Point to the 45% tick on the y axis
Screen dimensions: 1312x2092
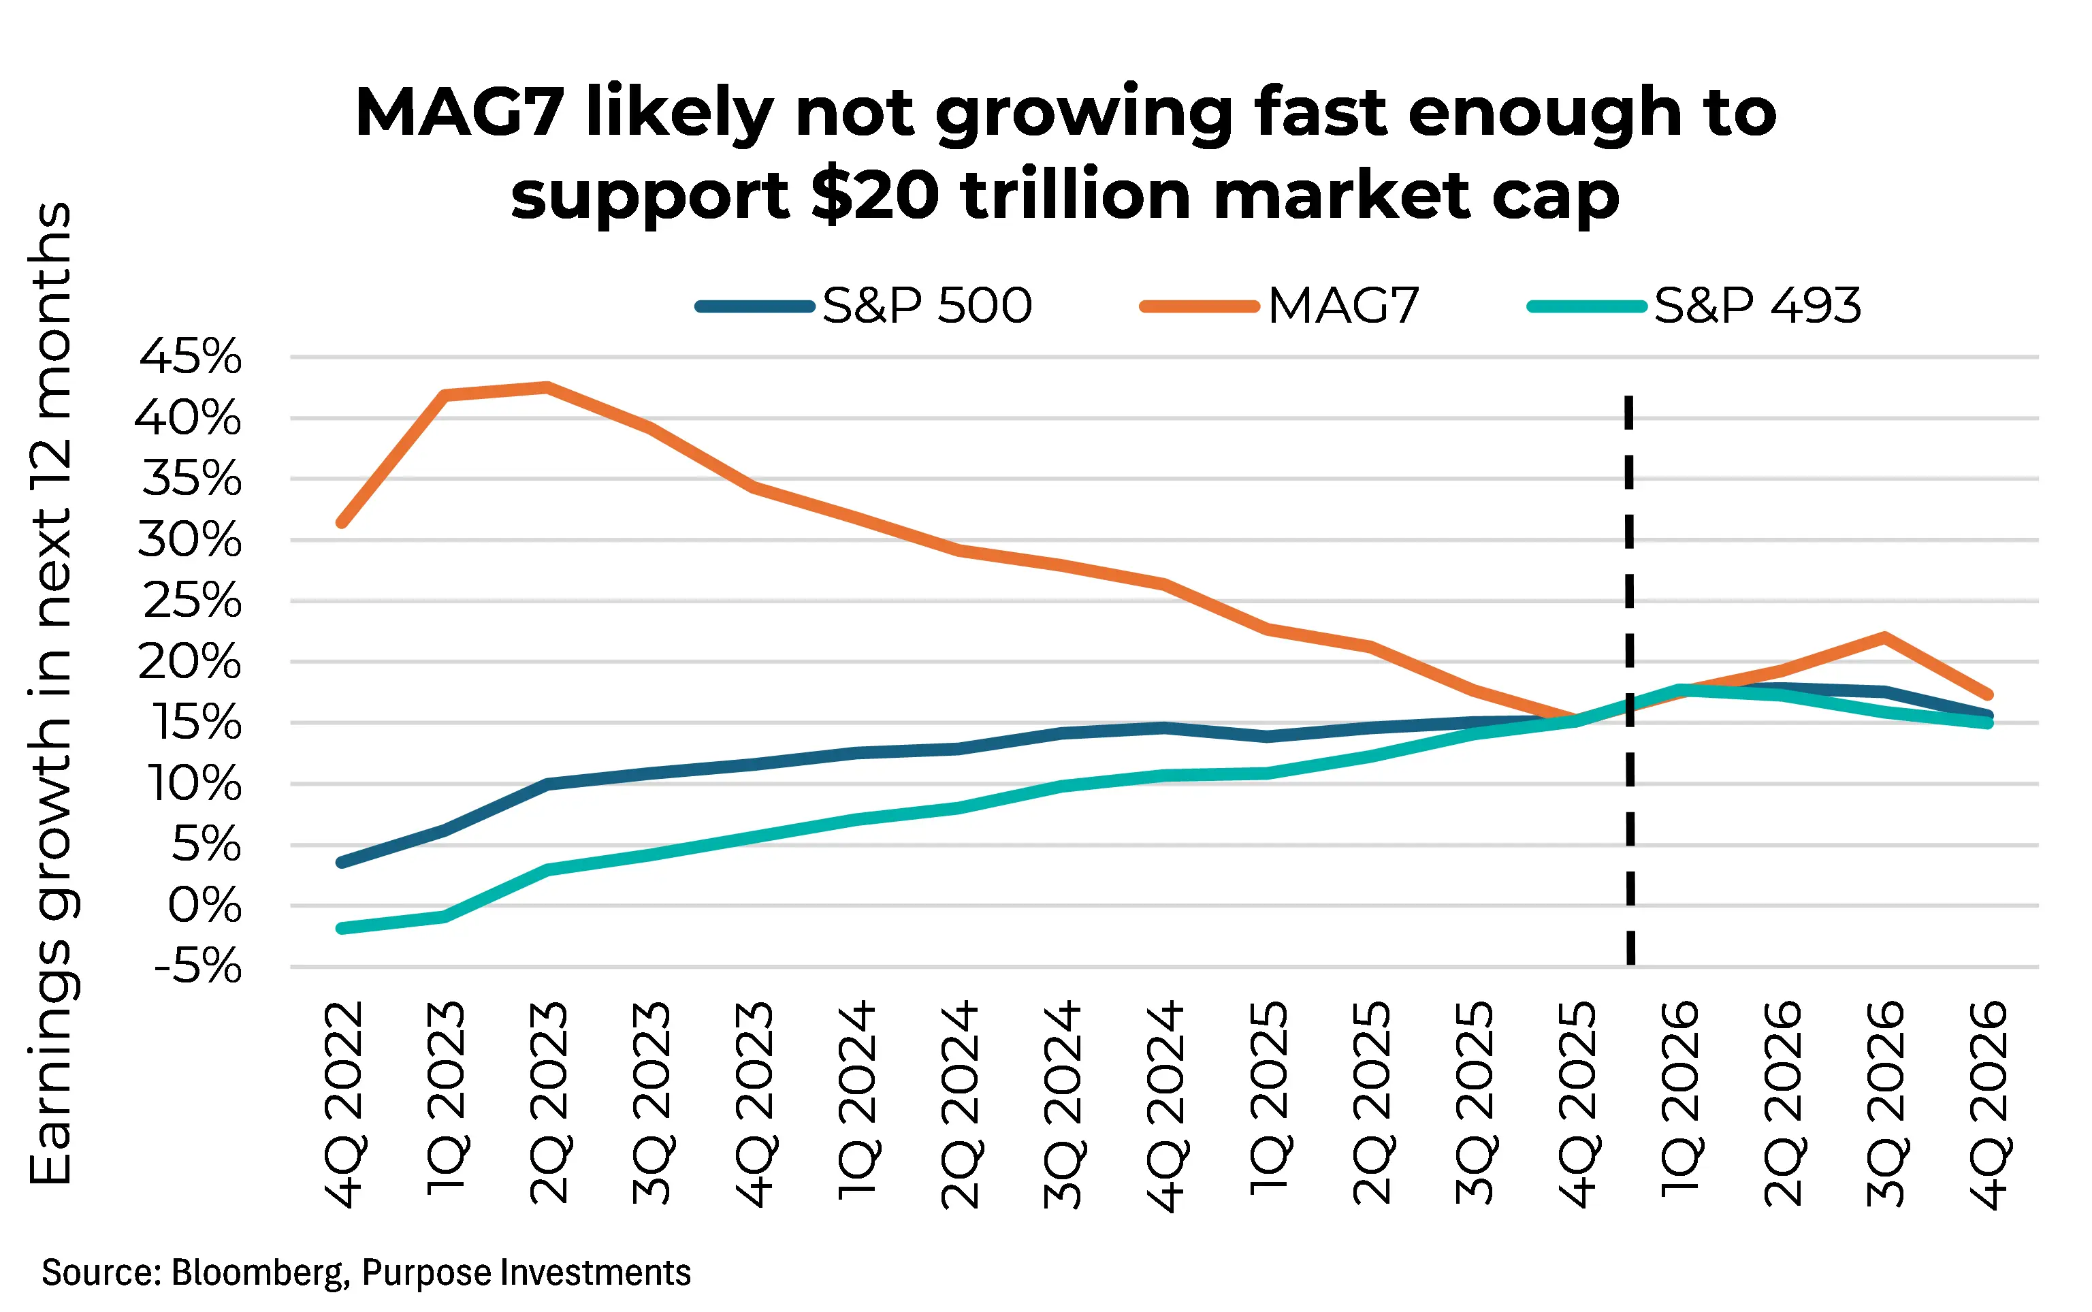tap(191, 357)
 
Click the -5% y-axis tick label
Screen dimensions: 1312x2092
tap(198, 967)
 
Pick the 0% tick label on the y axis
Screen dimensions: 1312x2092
tap(205, 906)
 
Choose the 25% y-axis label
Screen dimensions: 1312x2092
tap(193, 601)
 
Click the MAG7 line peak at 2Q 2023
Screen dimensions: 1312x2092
tap(547, 387)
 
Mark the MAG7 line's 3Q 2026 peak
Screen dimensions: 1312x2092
tap(1884, 637)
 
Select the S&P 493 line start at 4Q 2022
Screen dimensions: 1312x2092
tap(341, 929)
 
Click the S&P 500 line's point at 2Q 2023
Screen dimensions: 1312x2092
tap(547, 784)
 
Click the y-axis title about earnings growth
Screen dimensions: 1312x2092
tap(50, 694)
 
